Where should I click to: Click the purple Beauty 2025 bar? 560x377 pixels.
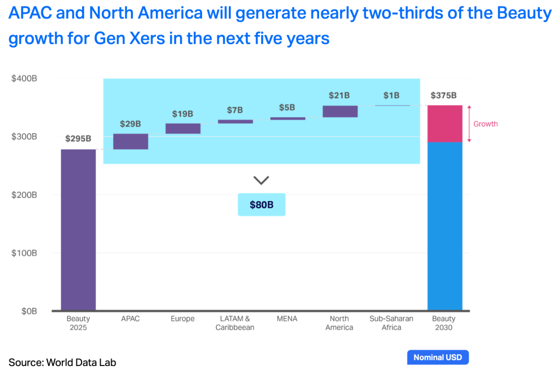click(x=78, y=230)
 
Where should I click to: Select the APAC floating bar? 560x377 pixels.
click(x=131, y=141)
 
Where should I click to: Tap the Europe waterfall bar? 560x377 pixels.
click(x=183, y=129)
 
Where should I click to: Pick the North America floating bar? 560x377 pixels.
click(x=340, y=111)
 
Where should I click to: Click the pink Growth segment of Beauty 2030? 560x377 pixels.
click(x=444, y=124)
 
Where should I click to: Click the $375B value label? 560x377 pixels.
click(x=444, y=95)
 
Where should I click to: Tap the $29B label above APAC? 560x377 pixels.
click(x=131, y=124)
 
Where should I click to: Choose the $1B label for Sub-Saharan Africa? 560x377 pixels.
click(x=391, y=95)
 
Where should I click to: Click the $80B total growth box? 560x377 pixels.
click(x=261, y=205)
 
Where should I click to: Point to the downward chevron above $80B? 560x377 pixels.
click(x=261, y=180)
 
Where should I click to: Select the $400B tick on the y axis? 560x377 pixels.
click(x=24, y=78)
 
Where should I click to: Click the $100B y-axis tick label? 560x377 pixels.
click(x=24, y=253)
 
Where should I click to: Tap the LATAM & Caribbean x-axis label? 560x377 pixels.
click(x=235, y=323)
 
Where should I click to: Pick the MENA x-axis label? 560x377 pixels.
click(x=287, y=319)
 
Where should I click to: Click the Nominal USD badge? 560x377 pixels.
click(x=438, y=357)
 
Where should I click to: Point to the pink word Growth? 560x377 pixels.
click(x=486, y=124)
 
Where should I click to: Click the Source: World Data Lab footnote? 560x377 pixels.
click(x=62, y=362)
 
